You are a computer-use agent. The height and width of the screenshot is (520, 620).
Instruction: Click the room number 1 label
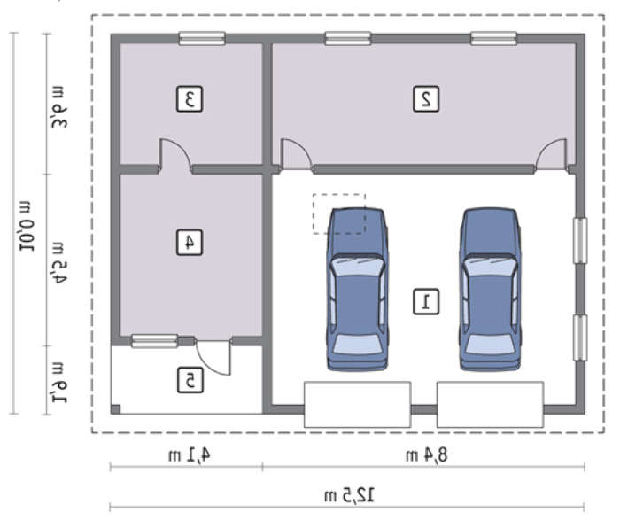click(426, 302)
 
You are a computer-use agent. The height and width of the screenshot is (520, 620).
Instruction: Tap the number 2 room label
click(426, 99)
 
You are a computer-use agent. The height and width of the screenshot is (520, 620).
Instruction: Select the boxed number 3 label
click(190, 99)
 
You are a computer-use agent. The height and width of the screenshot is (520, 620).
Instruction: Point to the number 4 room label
click(190, 242)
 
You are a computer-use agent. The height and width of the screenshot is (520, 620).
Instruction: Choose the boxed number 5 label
click(190, 380)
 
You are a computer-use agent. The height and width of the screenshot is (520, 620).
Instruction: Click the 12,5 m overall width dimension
click(350, 495)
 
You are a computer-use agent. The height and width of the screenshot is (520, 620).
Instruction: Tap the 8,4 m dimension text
click(427, 455)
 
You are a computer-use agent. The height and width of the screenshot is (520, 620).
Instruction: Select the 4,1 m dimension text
click(189, 455)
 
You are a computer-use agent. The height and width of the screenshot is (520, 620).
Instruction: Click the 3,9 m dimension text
click(59, 107)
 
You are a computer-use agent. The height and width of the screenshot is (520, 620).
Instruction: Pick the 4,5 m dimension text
click(59, 263)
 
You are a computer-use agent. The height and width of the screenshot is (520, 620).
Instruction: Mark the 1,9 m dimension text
click(59, 383)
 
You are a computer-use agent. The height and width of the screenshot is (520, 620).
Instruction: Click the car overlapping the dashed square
click(357, 290)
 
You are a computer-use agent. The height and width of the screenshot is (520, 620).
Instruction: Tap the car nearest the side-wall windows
click(491, 290)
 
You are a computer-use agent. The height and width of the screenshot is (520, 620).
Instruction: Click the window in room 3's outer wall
click(202, 38)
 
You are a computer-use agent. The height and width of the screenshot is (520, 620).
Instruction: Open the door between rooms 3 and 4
click(175, 155)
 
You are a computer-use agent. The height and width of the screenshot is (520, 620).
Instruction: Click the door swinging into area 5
click(213, 357)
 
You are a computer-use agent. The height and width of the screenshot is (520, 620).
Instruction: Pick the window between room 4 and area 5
click(155, 341)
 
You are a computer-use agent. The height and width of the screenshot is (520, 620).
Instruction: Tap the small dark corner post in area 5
click(115, 409)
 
